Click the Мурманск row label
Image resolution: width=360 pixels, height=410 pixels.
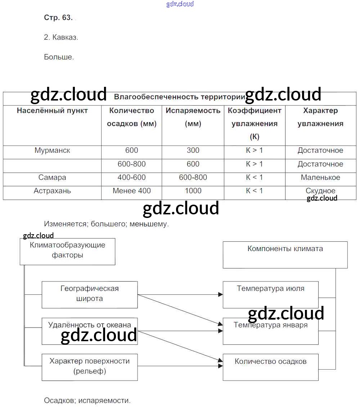52,151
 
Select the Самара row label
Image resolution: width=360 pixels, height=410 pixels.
52,178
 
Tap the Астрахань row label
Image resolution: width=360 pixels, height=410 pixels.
52,191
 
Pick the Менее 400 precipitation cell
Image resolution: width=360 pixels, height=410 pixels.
132,191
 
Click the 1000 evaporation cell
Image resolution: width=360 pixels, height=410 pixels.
193,191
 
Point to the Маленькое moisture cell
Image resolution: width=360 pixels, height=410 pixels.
320,178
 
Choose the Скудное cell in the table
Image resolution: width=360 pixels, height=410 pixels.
320,191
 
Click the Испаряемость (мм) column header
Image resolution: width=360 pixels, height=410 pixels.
193,117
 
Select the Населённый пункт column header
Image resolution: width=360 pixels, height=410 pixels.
52,111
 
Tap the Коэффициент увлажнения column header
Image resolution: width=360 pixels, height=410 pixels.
255,123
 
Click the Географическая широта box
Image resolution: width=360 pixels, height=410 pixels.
90,294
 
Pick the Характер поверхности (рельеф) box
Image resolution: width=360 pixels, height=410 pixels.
90,367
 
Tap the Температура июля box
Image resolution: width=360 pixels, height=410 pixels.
271,294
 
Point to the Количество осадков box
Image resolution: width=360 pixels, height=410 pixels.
271,367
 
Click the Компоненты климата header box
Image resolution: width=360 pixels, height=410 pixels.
285,254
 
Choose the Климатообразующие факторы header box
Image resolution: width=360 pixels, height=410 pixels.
67,251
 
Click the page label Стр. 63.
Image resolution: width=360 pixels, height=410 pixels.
58,18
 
